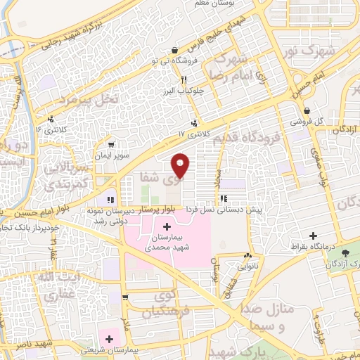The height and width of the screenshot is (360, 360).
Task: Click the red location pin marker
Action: click(181, 166)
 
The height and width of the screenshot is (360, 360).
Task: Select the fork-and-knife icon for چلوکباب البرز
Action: click(184, 79)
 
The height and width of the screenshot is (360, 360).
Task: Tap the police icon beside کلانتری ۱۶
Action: click(51, 118)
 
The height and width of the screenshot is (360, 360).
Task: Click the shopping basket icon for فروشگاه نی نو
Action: click(174, 49)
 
